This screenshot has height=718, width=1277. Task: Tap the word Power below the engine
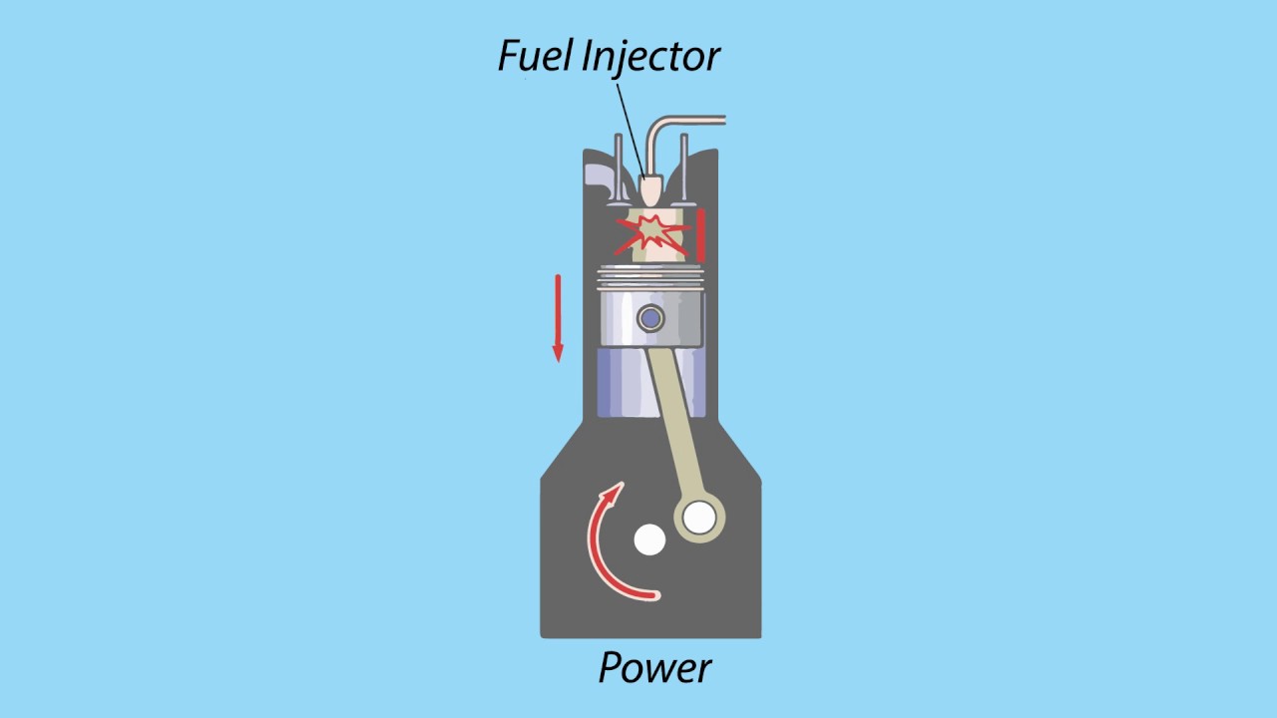(654, 667)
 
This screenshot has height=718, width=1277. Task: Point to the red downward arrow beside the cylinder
(558, 317)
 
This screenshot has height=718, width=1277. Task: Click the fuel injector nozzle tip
(649, 191)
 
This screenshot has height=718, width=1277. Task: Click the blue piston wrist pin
(650, 318)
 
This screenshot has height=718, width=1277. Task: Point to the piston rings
(650, 277)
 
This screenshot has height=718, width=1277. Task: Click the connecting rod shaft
(670, 419)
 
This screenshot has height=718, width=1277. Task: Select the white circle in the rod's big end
(699, 518)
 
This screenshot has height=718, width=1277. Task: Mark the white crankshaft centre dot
(649, 539)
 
